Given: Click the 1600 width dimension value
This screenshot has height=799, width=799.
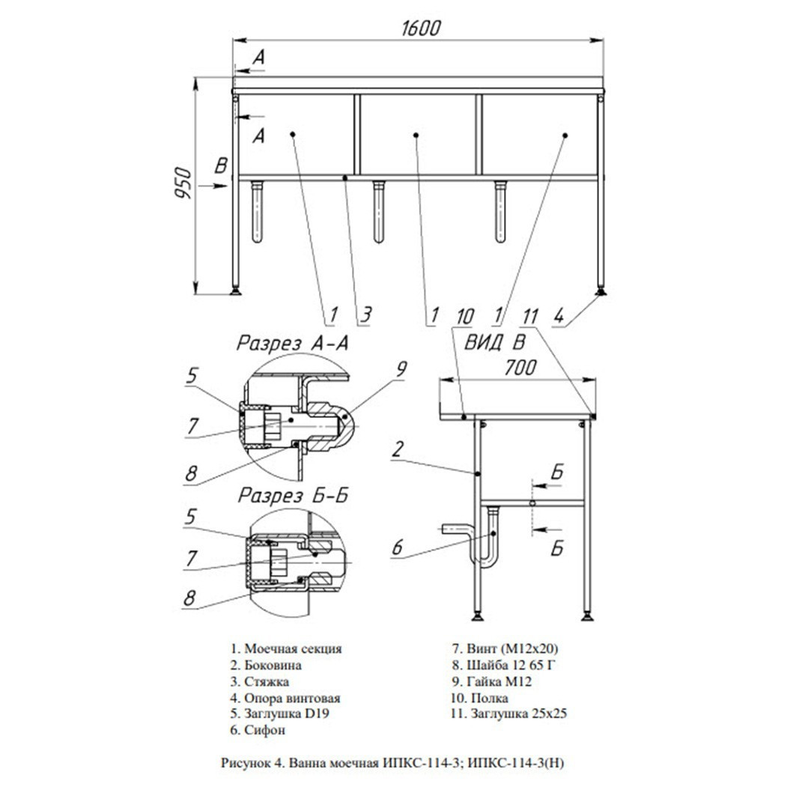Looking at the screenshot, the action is [420, 28].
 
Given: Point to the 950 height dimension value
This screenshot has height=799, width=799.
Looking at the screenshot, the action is [183, 183].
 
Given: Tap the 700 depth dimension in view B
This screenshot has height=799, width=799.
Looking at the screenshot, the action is [520, 367].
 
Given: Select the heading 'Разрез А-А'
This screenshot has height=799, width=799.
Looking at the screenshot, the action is [293, 343].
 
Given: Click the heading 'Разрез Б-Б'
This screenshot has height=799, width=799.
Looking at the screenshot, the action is [293, 495].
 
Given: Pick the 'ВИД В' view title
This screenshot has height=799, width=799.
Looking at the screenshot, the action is [493, 342].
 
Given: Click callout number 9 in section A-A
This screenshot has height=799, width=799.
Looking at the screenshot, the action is [401, 368].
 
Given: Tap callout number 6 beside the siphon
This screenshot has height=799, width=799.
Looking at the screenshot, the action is [397, 548].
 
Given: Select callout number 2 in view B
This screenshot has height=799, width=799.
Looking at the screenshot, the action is [398, 449].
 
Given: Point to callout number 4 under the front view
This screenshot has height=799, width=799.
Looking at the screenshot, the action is [559, 317].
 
